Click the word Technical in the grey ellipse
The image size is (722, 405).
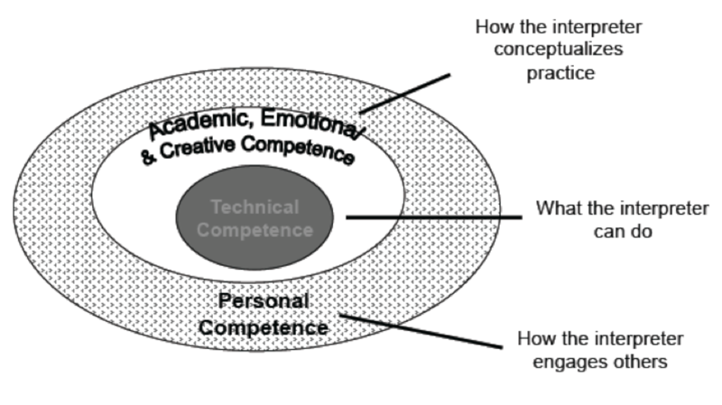coord(255,207)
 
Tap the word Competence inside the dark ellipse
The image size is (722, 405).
coord(255,230)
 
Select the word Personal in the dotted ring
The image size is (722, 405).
coord(264,301)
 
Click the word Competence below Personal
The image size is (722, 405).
coord(264,327)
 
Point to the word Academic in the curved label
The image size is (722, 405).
coord(202,122)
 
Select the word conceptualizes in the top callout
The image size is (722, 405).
coord(558,49)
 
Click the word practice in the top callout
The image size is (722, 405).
coord(560,73)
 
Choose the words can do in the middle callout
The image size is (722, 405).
coord(623,231)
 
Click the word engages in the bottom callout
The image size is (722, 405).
coord(569,362)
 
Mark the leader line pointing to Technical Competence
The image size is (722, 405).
coord(434,217)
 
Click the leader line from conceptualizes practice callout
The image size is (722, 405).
coord(404,94)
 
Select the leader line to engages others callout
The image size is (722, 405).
coord(421,331)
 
